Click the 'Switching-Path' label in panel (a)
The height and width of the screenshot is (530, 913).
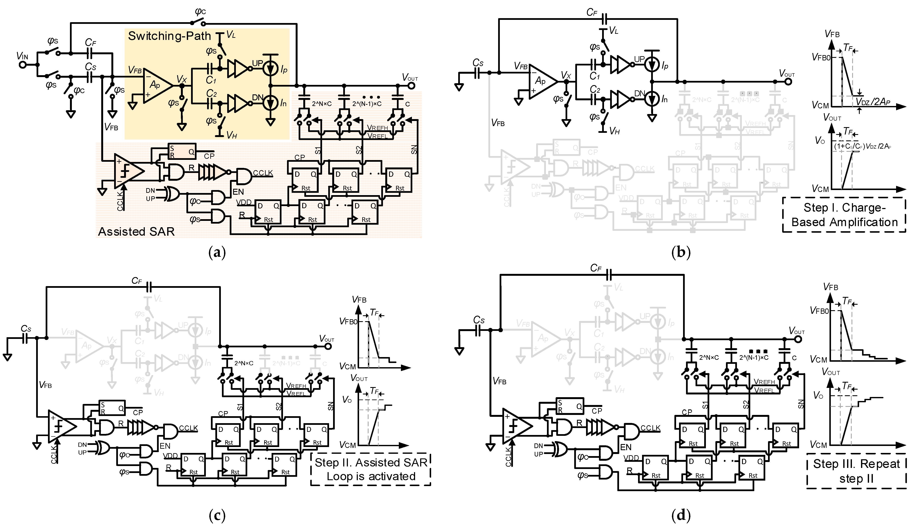pos(169,36)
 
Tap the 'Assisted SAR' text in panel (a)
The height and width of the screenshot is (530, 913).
pos(136,231)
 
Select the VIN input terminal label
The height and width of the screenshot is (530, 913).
pos(22,56)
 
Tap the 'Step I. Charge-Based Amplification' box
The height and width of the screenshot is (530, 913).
pos(844,215)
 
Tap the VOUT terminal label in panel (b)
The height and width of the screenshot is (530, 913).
pos(787,74)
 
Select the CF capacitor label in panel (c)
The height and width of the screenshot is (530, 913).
pos(137,281)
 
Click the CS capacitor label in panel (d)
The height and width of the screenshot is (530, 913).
pos(479,320)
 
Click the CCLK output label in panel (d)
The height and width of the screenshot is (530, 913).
pos(650,428)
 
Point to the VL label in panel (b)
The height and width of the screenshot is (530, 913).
pos(613,31)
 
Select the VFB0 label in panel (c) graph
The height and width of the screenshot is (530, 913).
pos(348,321)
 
